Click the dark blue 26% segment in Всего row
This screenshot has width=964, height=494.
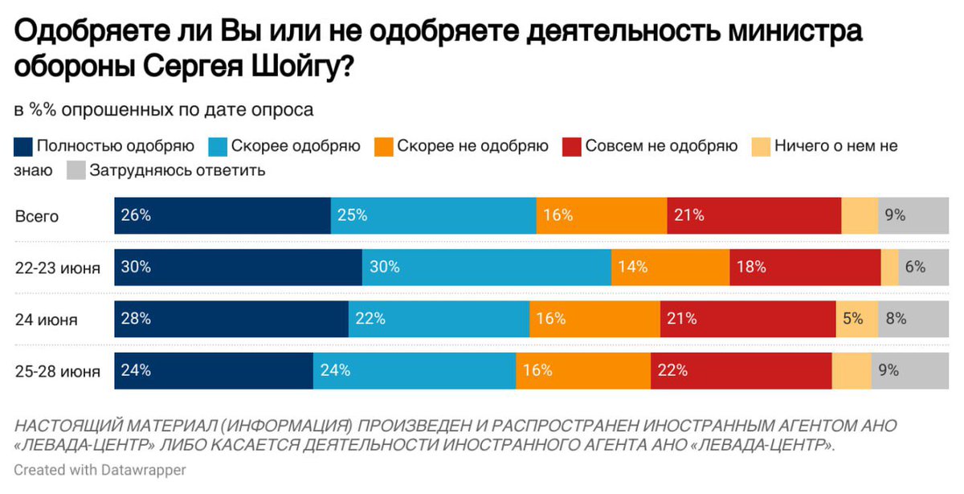(x=223, y=215)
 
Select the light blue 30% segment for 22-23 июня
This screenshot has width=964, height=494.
(x=486, y=267)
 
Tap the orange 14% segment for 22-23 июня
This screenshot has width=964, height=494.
(x=670, y=267)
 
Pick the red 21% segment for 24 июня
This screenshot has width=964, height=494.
(x=748, y=319)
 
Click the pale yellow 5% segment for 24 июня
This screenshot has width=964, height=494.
(x=856, y=319)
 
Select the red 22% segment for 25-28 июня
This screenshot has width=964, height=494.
(x=741, y=370)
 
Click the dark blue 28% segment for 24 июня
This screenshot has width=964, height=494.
(x=231, y=319)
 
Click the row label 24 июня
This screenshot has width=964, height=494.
(x=46, y=320)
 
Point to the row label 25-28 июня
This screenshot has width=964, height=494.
(x=57, y=371)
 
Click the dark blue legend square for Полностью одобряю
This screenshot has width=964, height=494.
(x=23, y=147)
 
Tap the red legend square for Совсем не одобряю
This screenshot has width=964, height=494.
(x=571, y=147)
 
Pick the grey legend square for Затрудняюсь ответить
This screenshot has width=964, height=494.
(x=76, y=170)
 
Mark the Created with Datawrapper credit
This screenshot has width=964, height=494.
(x=100, y=470)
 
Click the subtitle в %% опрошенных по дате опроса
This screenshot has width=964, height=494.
(x=163, y=109)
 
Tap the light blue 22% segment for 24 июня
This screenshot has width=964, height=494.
(x=439, y=319)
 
